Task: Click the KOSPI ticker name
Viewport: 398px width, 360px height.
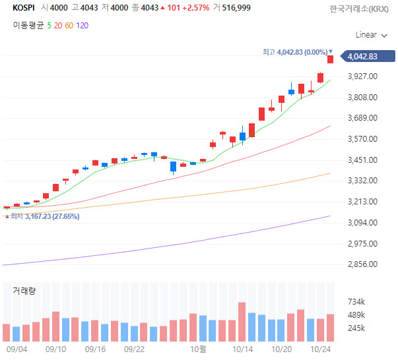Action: coord(24,8)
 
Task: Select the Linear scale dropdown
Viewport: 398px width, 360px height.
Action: coord(370,34)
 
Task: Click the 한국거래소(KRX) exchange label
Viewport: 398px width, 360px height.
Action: coord(358,9)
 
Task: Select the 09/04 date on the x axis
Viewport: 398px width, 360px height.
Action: coord(16,349)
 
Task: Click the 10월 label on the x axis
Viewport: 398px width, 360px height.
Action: coord(198,349)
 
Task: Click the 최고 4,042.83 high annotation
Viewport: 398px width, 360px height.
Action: coord(296,51)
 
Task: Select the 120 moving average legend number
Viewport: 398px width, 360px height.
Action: coord(82,25)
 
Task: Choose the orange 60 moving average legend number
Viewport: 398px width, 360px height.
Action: coord(68,25)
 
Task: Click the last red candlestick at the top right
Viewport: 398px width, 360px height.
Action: coord(330,59)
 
